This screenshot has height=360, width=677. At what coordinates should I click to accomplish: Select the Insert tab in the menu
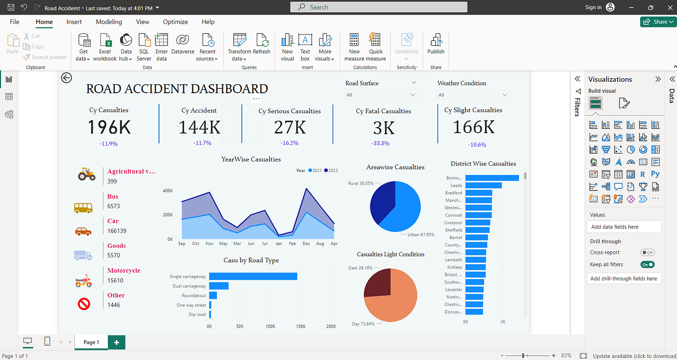point(74,22)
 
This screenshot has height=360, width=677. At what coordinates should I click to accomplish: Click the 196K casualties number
point(109,128)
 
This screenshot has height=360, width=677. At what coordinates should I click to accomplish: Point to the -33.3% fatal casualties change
point(381,144)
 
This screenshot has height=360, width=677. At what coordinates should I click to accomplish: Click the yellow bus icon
point(83,207)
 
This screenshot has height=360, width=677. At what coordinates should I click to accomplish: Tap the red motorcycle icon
point(83,281)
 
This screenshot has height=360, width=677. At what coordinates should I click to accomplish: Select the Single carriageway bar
point(253,276)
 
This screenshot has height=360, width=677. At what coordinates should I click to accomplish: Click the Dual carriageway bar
point(218,286)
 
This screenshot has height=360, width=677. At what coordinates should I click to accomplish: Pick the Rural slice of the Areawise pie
point(381,202)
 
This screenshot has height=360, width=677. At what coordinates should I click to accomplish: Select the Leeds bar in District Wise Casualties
point(483,185)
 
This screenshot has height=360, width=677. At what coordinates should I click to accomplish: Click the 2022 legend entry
point(330,171)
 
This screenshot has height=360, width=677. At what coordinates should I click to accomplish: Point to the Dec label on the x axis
point(306,244)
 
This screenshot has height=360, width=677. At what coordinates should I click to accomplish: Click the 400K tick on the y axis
point(168,191)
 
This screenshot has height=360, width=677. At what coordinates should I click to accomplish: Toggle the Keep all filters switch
point(648,265)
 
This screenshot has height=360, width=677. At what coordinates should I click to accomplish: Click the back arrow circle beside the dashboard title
point(66,78)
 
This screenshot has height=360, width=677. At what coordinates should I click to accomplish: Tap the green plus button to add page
point(117,342)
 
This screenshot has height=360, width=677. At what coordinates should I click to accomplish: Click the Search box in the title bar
point(379,7)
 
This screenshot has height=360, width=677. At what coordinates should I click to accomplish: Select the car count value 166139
point(117,231)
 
